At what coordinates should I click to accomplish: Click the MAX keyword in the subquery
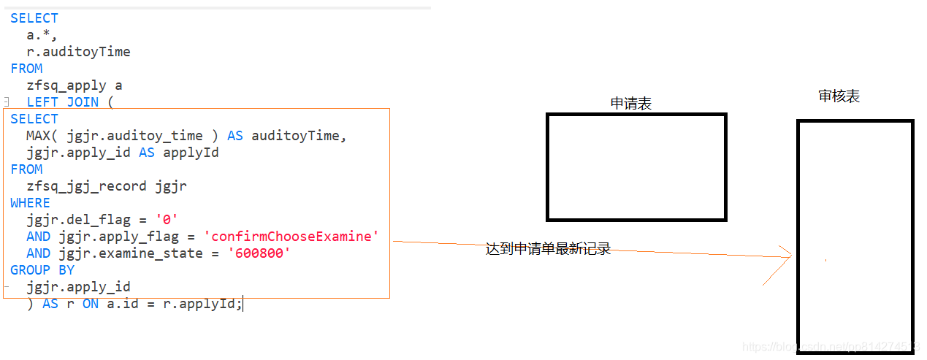pyautogui.click(x=38, y=136)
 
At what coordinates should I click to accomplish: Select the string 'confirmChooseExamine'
pyautogui.click(x=291, y=237)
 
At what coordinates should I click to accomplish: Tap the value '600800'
pyautogui.click(x=260, y=253)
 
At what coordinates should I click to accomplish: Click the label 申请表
pyautogui.click(x=631, y=104)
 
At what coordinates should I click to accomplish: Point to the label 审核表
pyautogui.click(x=839, y=96)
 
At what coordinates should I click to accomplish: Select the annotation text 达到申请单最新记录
pyautogui.click(x=548, y=250)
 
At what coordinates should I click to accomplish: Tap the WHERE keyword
pyautogui.click(x=31, y=203)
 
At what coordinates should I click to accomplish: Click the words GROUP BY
pyautogui.click(x=42, y=270)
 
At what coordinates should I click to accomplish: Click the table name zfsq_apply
pyautogui.click(x=66, y=85)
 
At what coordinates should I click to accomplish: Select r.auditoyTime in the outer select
pyautogui.click(x=79, y=52)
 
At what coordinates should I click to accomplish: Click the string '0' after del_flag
pyautogui.click(x=167, y=220)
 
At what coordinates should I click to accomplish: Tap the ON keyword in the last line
pyautogui.click(x=90, y=304)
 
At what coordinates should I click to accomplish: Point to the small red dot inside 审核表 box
pyautogui.click(x=826, y=260)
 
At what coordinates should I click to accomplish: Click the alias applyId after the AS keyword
pyautogui.click(x=191, y=153)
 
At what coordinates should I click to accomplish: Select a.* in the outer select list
pyautogui.click(x=42, y=35)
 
